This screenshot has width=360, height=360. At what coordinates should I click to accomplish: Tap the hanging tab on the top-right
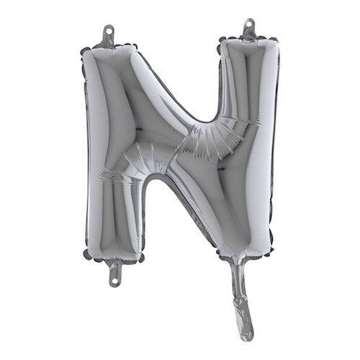(250, 30)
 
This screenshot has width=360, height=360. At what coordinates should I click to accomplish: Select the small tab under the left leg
(114, 271)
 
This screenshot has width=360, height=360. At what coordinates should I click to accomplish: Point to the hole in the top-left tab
(108, 32)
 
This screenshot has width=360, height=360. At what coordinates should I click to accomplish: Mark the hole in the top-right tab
(250, 25)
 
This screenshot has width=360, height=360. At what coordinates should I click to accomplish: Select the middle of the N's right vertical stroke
(248, 144)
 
